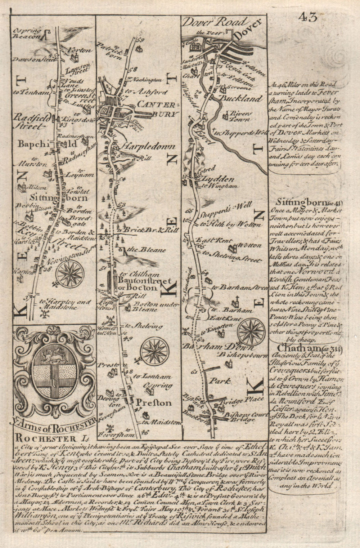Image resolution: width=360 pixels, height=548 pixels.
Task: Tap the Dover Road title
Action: (215, 22)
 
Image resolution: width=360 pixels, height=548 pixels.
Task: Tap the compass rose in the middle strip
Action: (155, 350)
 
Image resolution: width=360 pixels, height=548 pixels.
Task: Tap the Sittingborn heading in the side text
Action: (301, 202)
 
